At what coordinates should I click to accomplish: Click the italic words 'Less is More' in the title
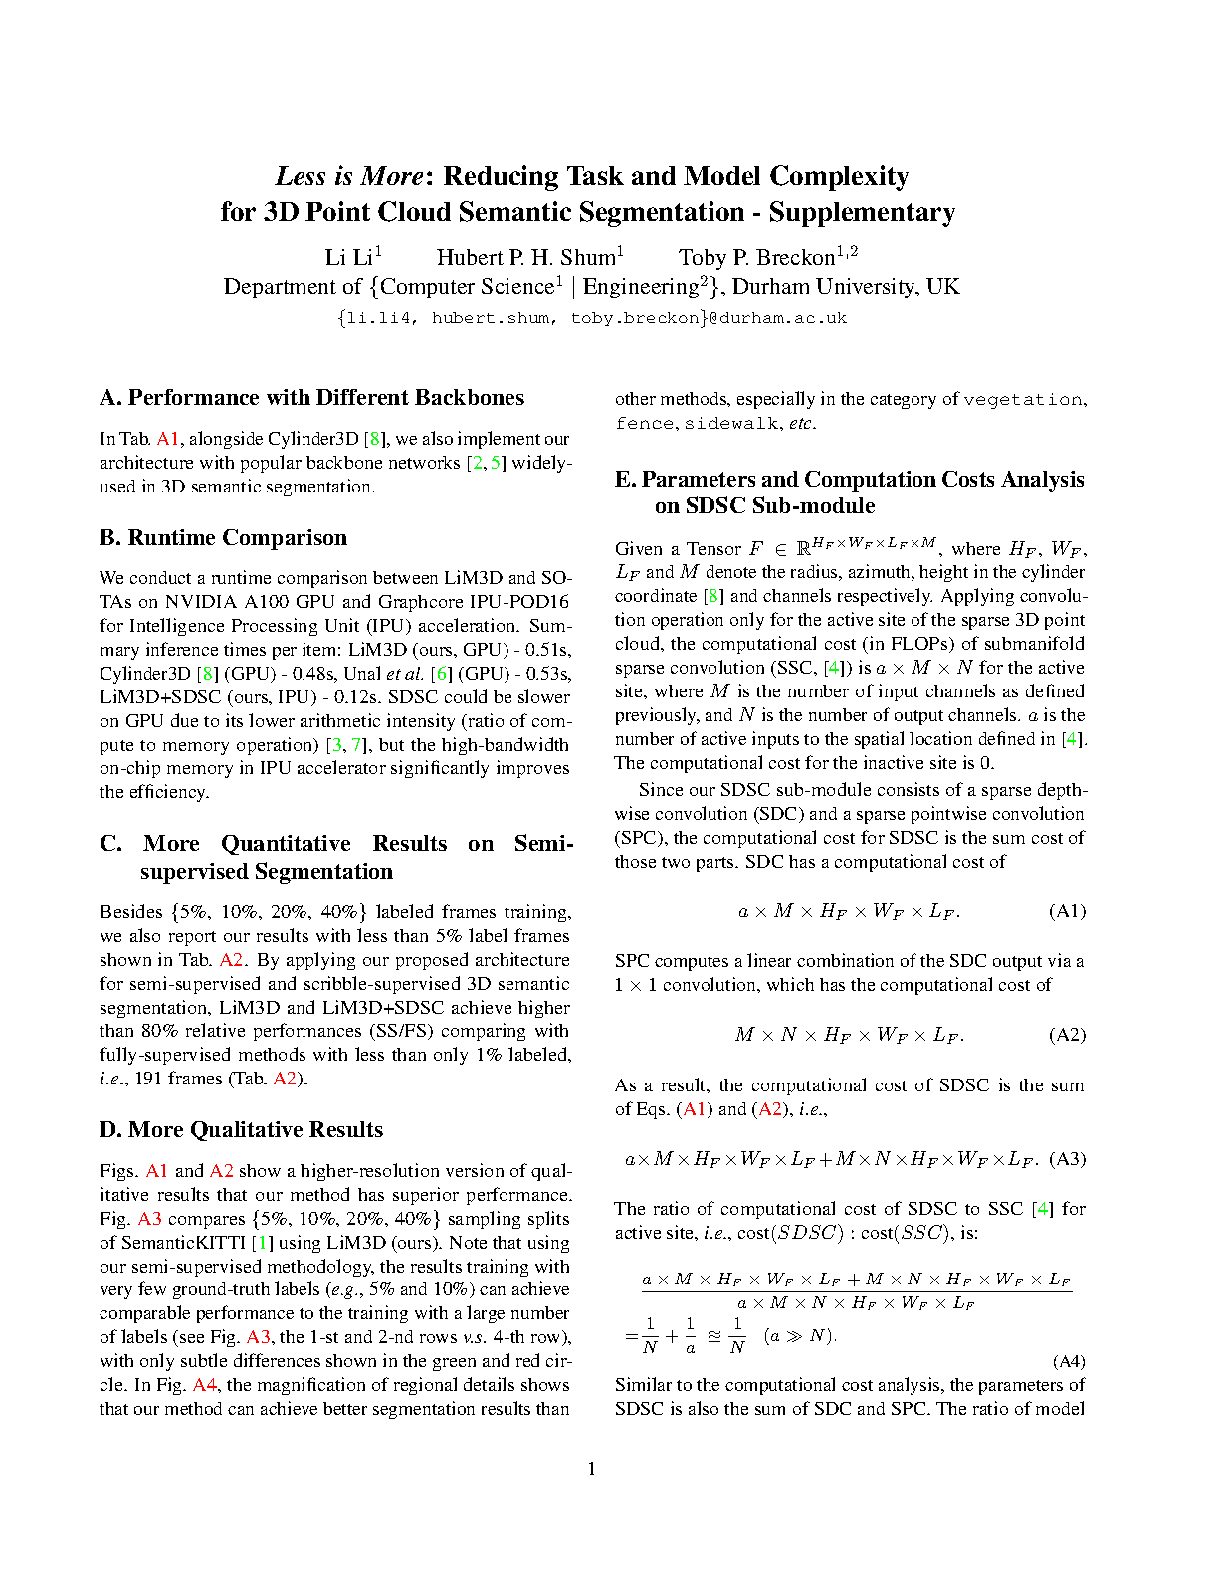coord(349,176)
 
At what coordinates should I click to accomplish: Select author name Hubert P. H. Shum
coord(526,257)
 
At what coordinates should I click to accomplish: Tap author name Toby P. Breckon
coord(756,257)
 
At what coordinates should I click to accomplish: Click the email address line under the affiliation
coord(591,318)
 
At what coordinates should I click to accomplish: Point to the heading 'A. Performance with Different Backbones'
coord(311,398)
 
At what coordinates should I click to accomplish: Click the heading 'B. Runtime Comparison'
coord(223,538)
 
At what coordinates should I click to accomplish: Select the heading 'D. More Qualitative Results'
coord(241,1130)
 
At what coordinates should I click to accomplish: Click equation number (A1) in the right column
coord(1067,911)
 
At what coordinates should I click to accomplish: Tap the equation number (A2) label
coord(1067,1035)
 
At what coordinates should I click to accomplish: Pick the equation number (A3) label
coord(1067,1159)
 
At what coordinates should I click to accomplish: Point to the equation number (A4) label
coord(1068,1361)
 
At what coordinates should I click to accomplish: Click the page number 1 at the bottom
coord(592,1469)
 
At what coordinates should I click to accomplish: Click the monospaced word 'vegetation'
coord(1022,400)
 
